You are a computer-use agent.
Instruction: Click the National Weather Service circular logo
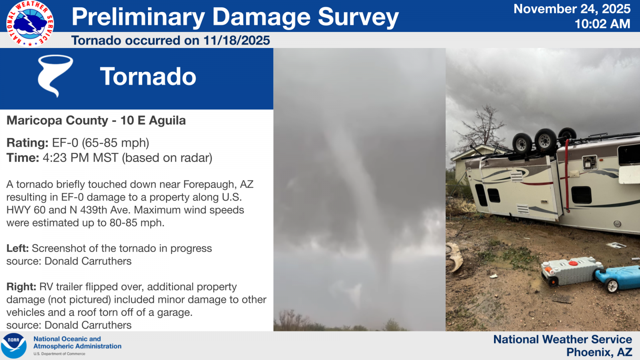(x=30, y=24)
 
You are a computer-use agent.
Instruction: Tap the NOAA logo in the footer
(x=14, y=346)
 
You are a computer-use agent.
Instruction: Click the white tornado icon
(x=55, y=76)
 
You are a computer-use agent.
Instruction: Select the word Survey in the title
(x=358, y=17)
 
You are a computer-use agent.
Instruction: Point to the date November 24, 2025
(x=572, y=9)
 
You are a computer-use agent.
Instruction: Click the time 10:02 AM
(x=602, y=24)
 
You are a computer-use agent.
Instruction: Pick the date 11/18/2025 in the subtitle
(x=236, y=40)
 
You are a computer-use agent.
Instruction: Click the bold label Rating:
(x=28, y=142)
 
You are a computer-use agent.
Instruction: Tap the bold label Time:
(x=23, y=158)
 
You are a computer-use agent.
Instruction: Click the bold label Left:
(x=18, y=248)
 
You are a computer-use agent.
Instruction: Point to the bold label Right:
(x=21, y=287)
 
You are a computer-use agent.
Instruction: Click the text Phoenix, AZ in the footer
(x=599, y=352)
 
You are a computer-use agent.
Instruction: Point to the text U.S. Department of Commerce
(x=60, y=354)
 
